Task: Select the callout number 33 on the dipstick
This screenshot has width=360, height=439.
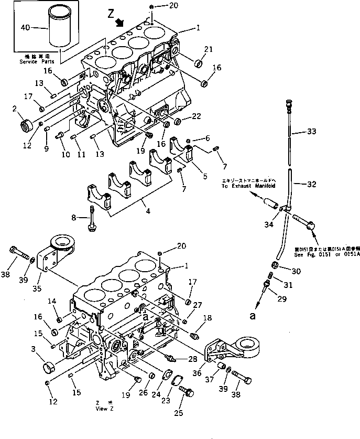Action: pos(312,133)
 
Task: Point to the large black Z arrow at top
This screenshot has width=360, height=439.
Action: pos(120,21)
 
